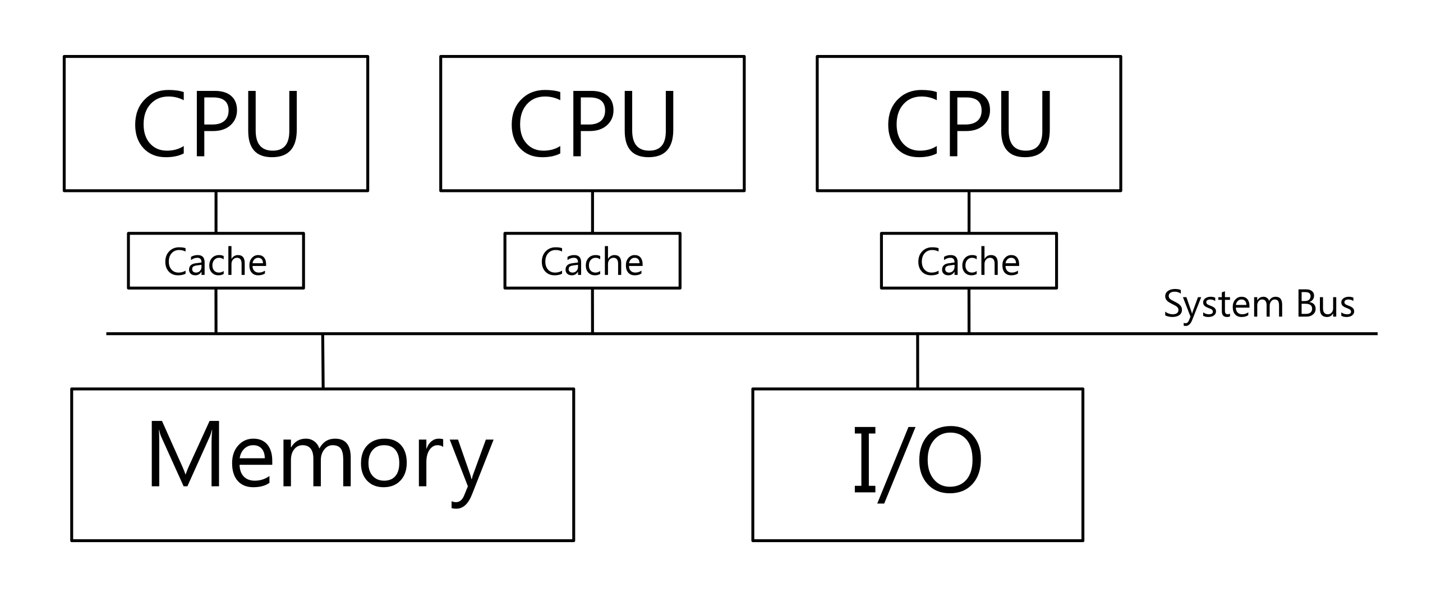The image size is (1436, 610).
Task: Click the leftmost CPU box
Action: pos(216,123)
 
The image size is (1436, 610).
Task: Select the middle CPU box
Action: pos(592,123)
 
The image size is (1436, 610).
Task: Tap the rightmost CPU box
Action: pos(969,123)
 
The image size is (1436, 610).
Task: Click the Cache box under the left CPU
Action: pos(216,261)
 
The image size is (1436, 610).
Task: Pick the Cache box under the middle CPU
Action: pos(592,261)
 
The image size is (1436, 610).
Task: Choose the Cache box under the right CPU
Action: pos(969,261)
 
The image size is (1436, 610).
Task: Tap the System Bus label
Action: pos(1259,305)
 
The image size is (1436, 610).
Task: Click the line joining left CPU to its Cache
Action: pos(216,212)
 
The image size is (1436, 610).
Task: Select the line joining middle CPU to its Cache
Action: pos(592,212)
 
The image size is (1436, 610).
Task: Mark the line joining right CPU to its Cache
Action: pos(969,212)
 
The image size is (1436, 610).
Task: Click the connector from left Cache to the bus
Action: pos(216,311)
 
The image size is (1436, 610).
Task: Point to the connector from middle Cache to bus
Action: pos(592,311)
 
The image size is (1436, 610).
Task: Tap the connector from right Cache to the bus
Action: pos(969,311)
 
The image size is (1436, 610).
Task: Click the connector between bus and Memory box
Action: pos(323,361)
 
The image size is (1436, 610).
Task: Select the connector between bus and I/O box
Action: pos(918,361)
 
